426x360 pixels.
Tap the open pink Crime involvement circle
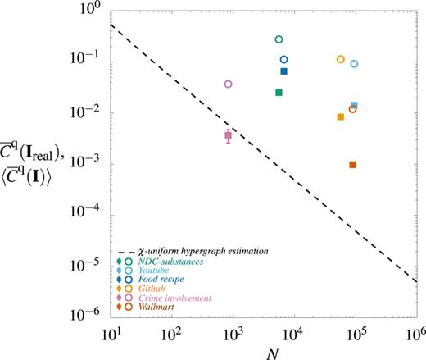[x=229, y=84]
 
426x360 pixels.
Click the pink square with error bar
[x=229, y=135]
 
